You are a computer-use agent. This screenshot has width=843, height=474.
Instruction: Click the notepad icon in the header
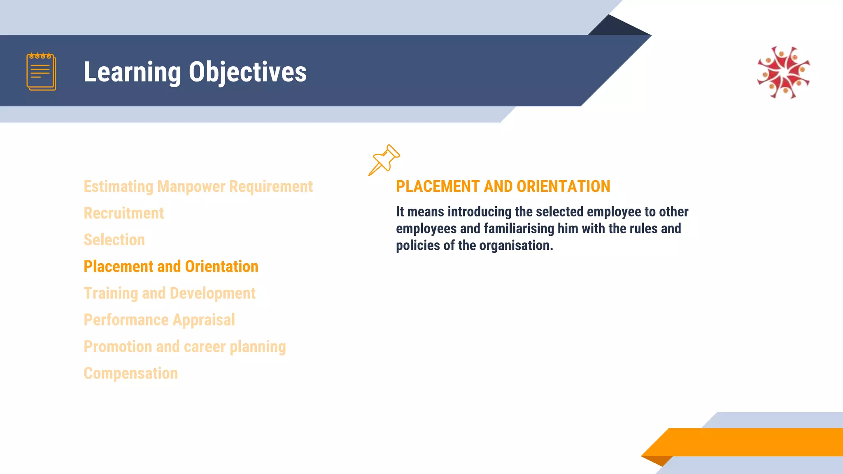41,72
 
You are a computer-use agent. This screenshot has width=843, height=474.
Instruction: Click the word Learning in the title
132,72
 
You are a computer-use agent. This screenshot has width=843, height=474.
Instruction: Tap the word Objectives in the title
247,72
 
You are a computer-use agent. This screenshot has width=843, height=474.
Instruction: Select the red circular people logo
783,72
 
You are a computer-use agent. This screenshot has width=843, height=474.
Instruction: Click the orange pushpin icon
384,160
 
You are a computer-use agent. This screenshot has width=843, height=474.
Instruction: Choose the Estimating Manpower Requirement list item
198,186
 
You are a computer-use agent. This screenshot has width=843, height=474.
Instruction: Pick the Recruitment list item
123,213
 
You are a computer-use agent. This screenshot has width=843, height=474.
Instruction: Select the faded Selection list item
114,240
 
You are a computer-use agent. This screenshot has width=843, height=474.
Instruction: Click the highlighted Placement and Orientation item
171,267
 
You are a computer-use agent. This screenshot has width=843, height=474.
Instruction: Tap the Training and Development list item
169,293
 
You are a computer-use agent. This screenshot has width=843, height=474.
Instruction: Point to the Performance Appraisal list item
159,320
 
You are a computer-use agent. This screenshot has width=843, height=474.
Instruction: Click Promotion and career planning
184,347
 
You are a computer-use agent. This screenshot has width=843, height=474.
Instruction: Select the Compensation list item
130,374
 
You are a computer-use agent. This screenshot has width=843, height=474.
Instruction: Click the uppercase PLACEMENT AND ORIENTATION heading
503,186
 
